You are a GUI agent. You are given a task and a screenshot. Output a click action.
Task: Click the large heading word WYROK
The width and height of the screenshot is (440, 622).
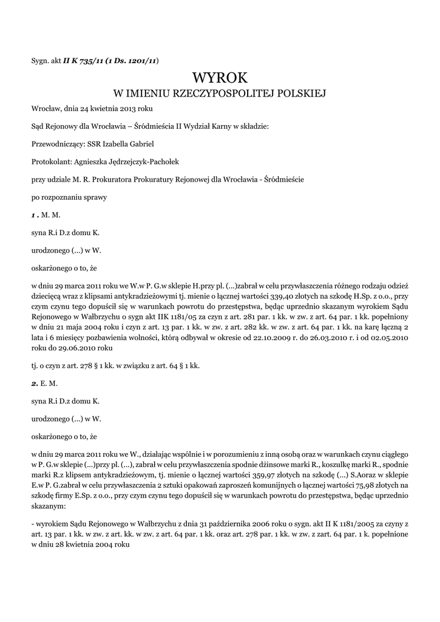coord(220,78)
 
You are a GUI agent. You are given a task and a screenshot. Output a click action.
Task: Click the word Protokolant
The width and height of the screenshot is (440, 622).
coord(51,162)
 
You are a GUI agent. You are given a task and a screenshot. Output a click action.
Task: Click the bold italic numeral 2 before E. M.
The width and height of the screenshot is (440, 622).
coord(34,383)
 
